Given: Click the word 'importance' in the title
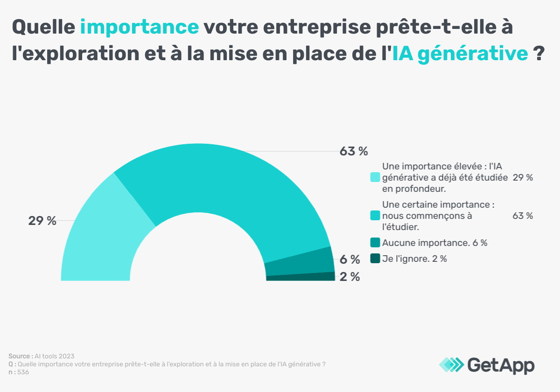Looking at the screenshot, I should (140, 27).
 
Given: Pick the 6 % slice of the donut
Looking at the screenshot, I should (299, 261).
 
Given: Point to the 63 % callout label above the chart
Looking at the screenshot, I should (353, 151).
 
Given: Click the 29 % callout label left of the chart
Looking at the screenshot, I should (42, 221).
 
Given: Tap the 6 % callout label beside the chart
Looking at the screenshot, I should (350, 259).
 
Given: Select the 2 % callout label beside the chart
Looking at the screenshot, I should (350, 277).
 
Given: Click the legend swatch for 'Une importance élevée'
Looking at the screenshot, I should (375, 178).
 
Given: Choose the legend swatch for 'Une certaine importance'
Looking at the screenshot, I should (375, 216).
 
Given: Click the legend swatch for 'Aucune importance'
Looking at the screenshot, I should (375, 243).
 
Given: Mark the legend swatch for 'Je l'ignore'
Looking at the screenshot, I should (375, 259).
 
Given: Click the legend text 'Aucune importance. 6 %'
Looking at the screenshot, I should (434, 243).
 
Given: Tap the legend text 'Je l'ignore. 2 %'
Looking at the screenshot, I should (414, 259).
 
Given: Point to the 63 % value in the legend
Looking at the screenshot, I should (522, 216).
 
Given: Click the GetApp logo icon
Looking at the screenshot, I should (452, 364).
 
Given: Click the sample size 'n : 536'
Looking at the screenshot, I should (19, 372).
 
